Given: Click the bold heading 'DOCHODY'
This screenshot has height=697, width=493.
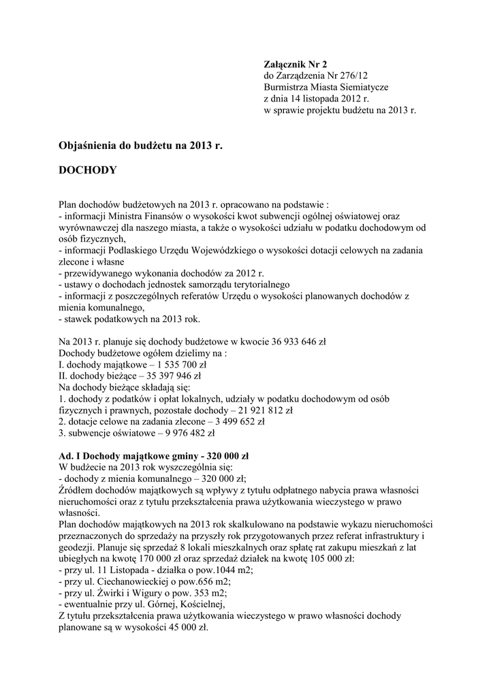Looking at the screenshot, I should pyautogui.click(x=88, y=171).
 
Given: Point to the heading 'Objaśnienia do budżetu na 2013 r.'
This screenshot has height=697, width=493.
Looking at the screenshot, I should pyautogui.click(x=141, y=146).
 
